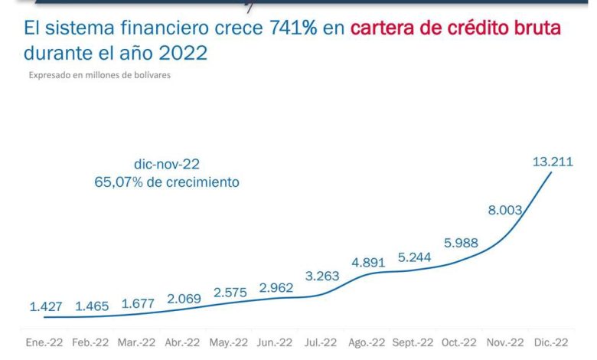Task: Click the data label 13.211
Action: pos(553,162)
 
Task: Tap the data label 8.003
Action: pos(507,211)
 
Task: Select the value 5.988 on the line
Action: pos(461,244)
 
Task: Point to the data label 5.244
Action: pos(413,257)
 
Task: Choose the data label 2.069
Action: pos(183,299)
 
